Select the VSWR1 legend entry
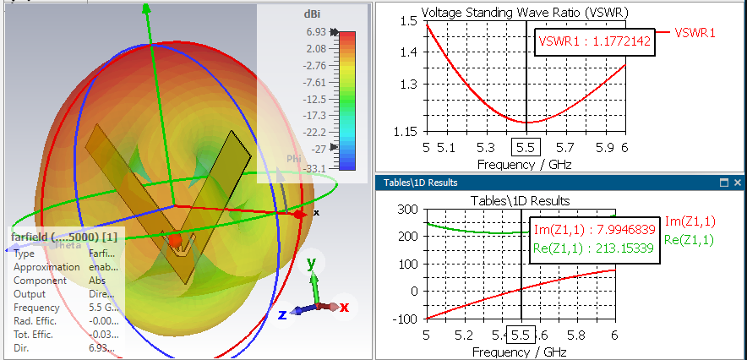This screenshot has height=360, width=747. (x=695, y=33)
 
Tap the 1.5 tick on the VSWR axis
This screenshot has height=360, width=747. (x=409, y=21)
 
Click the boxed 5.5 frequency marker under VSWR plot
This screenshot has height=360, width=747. (x=526, y=146)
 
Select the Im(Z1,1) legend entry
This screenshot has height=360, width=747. (x=690, y=221)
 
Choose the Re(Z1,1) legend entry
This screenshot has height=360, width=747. (x=690, y=240)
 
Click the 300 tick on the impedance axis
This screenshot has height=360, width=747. (x=409, y=210)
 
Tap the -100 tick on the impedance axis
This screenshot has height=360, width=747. (x=406, y=319)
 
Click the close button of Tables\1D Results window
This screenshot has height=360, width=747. (x=737, y=183)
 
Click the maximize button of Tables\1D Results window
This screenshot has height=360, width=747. (x=723, y=183)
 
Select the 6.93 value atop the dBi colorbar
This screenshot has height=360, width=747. (x=317, y=31)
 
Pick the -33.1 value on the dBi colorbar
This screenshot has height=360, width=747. (x=315, y=169)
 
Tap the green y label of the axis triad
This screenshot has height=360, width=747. (x=312, y=263)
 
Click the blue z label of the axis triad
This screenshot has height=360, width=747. (x=283, y=314)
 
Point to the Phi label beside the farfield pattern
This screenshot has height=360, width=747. (x=294, y=158)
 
